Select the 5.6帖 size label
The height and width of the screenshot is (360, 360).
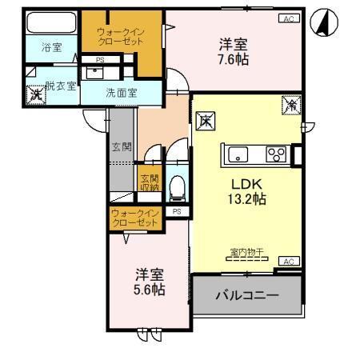[x=149, y=289]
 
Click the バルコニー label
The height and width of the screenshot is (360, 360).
[x=246, y=296]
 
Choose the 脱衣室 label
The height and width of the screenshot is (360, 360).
[x=61, y=86]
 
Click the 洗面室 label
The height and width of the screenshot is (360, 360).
[x=121, y=92]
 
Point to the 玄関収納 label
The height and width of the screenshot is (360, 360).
[x=150, y=182]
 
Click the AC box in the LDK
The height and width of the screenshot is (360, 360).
[x=290, y=262]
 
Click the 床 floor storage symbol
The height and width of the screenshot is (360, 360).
[x=206, y=122]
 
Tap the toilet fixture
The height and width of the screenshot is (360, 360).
[x=178, y=187]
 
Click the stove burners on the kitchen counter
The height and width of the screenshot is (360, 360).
[x=278, y=154]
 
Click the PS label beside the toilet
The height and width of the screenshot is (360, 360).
[x=176, y=211]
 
